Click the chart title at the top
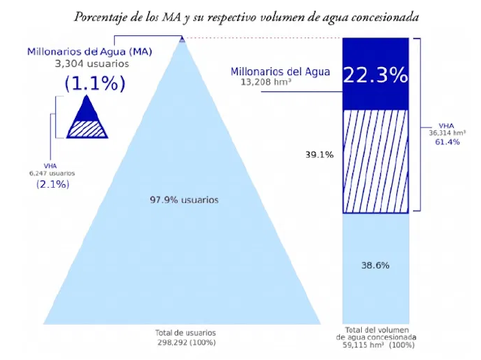(x=246, y=16)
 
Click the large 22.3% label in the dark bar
(x=375, y=74)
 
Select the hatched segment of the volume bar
(x=375, y=160)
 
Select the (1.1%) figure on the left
(x=95, y=83)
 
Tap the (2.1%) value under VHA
(x=53, y=184)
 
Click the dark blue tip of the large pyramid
(x=182, y=40)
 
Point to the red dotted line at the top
(x=265, y=38)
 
